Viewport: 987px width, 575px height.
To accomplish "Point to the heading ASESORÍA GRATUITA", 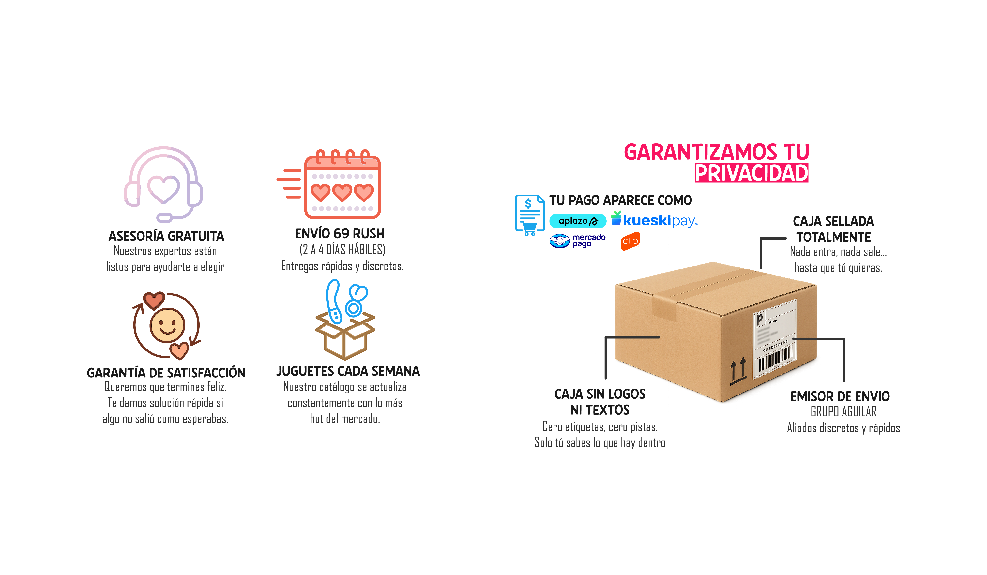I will (x=166, y=236).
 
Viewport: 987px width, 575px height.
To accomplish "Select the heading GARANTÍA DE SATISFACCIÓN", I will (x=166, y=373).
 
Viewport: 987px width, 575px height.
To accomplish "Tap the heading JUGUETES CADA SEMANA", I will (x=348, y=371).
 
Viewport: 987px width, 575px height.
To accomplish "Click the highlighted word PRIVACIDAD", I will (x=751, y=173).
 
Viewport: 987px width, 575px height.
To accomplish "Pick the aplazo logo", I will (x=578, y=221).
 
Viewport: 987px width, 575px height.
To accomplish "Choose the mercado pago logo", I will (x=577, y=240).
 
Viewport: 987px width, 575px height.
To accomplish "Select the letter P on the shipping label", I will (x=759, y=320).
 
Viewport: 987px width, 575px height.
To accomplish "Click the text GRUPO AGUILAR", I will (x=843, y=412).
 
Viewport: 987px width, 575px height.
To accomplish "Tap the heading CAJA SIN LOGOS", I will (x=600, y=394).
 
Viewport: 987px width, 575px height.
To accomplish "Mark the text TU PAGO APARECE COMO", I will (x=620, y=200).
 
